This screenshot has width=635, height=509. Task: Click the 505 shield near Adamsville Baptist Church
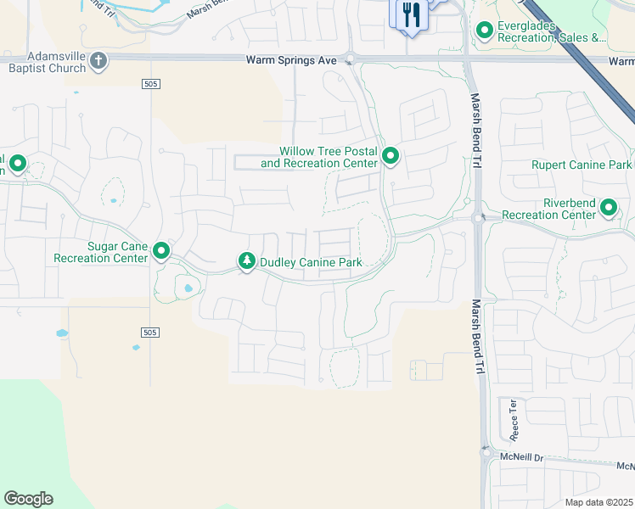pos(150,83)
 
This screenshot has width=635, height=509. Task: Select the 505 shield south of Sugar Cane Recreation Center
pos(150,333)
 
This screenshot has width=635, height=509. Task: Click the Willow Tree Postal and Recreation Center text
pos(319,157)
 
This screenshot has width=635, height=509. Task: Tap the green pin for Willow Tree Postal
pos(391,156)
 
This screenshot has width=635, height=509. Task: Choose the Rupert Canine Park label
pos(582,165)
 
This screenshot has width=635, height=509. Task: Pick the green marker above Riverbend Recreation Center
pos(608,206)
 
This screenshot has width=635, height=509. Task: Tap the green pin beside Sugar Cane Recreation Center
pos(160,251)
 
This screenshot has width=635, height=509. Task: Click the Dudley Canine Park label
pos(312,262)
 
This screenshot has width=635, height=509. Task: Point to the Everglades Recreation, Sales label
pos(552,32)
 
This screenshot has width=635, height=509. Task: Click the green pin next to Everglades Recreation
pos(485,31)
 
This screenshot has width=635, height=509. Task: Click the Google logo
pos(28,499)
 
